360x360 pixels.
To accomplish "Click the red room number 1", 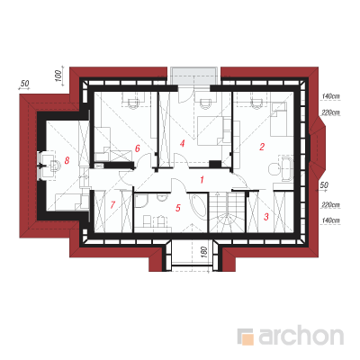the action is pyautogui.click(x=202, y=180).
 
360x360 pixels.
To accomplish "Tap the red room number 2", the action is pyautogui.click(x=262, y=147).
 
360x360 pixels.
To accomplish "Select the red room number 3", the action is pyautogui.click(x=266, y=217).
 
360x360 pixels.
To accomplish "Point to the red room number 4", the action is pyautogui.click(x=182, y=144).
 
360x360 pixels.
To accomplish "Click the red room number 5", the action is pyautogui.click(x=178, y=208).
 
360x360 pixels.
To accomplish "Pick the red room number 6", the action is pyautogui.click(x=138, y=148).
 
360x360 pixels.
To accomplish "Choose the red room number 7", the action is pyautogui.click(x=112, y=205).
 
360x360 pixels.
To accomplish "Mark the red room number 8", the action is pyautogui.click(x=67, y=160).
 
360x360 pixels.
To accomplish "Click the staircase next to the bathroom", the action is pyautogui.click(x=227, y=212).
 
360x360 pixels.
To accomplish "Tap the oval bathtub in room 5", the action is pyautogui.click(x=198, y=205).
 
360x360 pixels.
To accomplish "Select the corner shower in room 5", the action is pyautogui.click(x=140, y=201).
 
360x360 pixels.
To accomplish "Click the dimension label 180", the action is pyautogui.click(x=203, y=253).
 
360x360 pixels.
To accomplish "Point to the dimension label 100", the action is pyautogui.click(x=59, y=76).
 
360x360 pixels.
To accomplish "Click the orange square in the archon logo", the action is pyautogui.click(x=247, y=338).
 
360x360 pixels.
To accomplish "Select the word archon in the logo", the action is pyautogui.click(x=301, y=336).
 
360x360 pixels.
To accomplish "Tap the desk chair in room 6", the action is pyautogui.click(x=132, y=102).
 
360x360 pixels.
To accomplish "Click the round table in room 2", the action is pyautogui.click(x=274, y=169).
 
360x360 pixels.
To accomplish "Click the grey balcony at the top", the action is pyautogui.click(x=193, y=76).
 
